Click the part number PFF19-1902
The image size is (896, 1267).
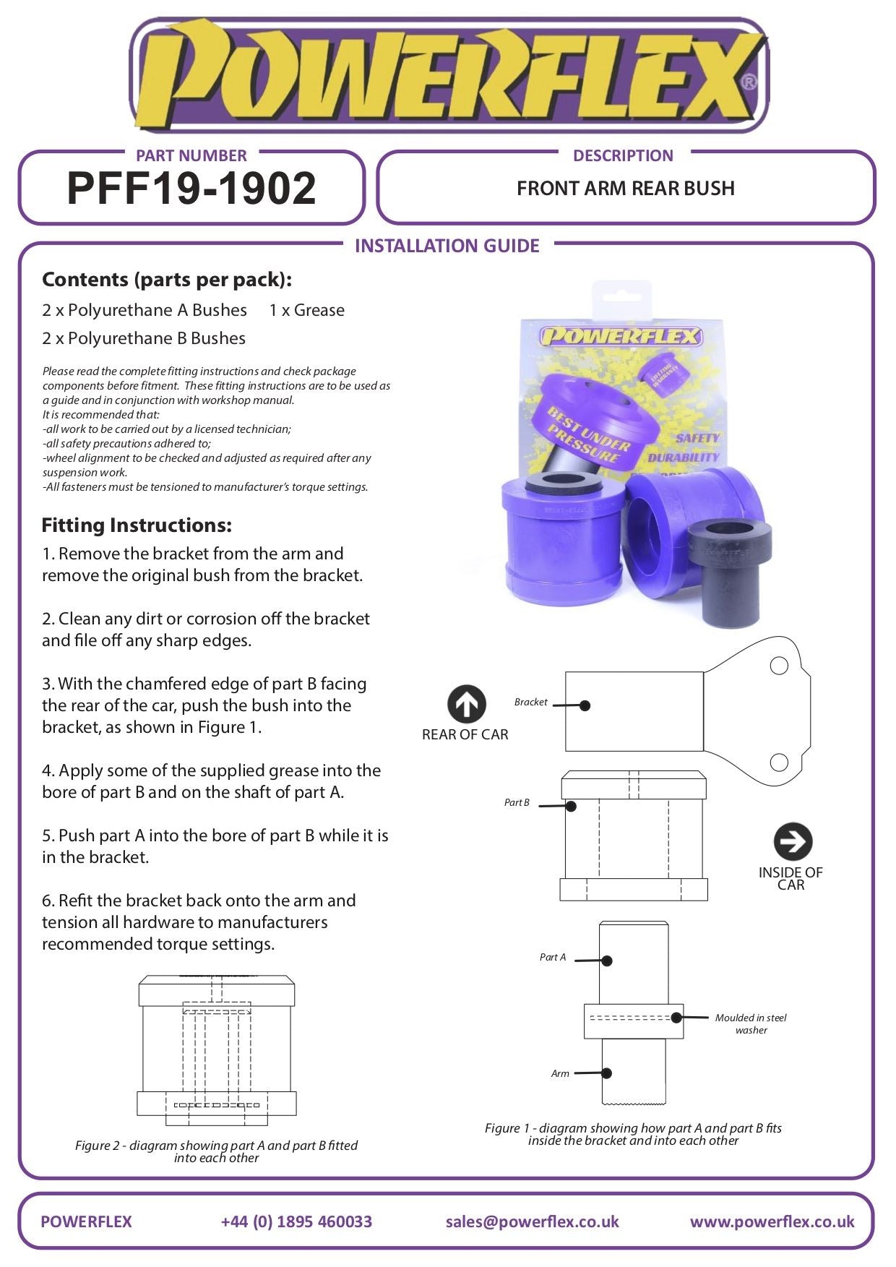191,189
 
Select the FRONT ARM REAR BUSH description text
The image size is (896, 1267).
625,189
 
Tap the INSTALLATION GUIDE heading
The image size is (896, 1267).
447,246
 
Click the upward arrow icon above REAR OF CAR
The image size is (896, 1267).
466,704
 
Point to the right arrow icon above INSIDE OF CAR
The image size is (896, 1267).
793,841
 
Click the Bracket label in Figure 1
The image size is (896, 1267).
530,702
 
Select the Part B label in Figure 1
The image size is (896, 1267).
517,802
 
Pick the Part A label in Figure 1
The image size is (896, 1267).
552,957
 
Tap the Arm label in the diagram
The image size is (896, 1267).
560,1073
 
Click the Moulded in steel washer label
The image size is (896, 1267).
751,1023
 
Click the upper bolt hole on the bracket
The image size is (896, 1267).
779,666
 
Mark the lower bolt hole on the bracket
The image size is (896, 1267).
779,762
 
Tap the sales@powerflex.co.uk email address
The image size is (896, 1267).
532,1221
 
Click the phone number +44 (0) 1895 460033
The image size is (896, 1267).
296,1221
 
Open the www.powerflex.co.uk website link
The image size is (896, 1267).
772,1221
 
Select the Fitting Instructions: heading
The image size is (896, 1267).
137,525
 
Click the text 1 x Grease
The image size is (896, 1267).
306,310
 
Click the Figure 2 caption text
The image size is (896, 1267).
216,1151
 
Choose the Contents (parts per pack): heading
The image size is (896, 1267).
167,280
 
